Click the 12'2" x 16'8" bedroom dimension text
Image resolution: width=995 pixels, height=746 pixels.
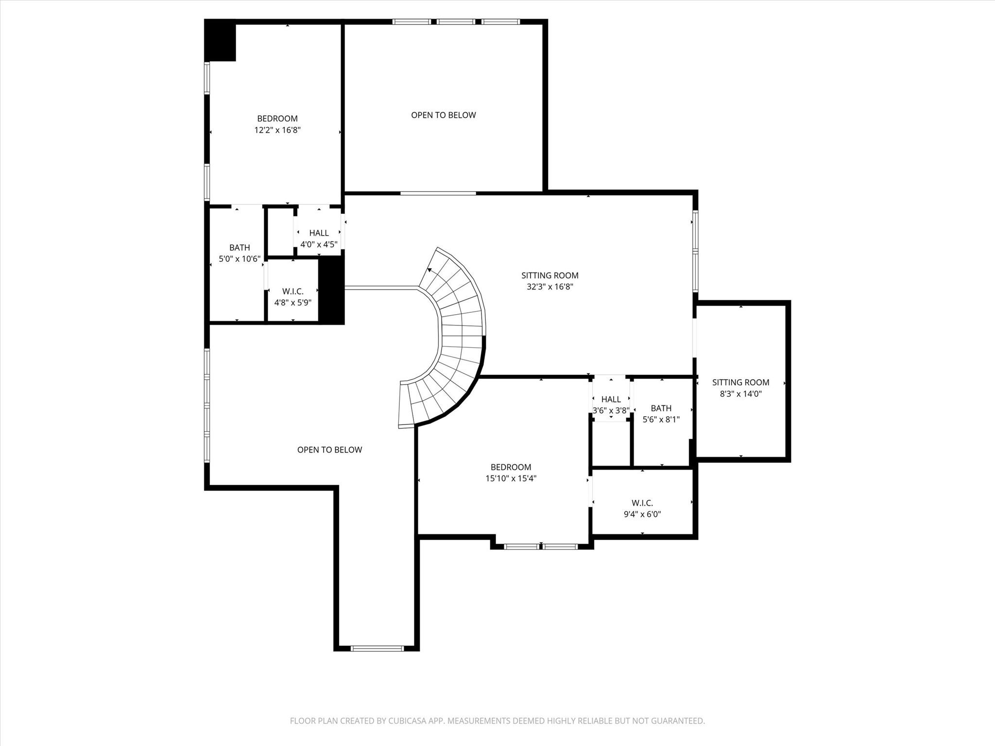point(277,130)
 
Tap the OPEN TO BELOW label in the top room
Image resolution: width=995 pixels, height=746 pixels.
point(443,115)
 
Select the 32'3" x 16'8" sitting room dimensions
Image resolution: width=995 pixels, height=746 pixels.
point(549,287)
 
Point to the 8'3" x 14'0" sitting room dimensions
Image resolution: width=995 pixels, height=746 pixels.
point(740,394)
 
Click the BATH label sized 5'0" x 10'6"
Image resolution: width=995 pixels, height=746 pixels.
point(240,248)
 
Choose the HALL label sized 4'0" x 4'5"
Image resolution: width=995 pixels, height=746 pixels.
point(319,233)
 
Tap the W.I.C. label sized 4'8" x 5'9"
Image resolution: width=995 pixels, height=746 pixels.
point(292,291)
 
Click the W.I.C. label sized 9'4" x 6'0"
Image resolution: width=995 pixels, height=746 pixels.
point(642,503)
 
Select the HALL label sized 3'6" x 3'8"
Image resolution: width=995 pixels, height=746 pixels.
point(611,399)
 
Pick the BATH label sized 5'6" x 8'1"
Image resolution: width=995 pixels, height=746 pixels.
point(661,408)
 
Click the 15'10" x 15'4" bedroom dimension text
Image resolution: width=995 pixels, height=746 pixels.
point(511,478)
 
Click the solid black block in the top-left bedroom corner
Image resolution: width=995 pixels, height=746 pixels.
point(220,42)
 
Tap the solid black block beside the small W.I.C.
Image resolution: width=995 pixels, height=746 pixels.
point(331,290)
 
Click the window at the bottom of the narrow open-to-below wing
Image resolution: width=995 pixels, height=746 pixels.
point(377,648)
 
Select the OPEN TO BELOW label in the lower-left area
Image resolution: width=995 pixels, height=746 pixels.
point(329,450)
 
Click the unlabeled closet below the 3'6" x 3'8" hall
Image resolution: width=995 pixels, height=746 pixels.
point(611,443)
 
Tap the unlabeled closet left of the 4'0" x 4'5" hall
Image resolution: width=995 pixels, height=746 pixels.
point(280,232)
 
